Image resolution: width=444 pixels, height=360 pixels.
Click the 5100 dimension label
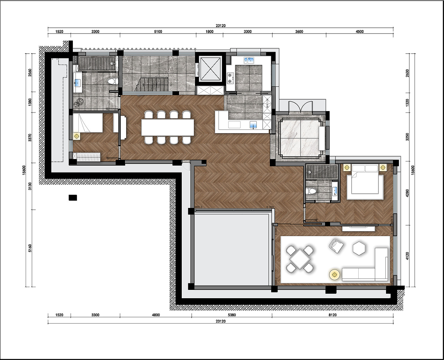[158, 32]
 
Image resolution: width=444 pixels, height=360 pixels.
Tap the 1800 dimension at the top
[210, 32]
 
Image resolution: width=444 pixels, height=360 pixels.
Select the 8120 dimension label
[332, 315]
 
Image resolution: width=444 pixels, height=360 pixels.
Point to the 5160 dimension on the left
[30, 248]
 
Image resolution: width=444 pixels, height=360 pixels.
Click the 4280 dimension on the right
[408, 193]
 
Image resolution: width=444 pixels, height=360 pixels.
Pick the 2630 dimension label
[408, 73]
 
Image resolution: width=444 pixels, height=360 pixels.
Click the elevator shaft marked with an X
[210, 69]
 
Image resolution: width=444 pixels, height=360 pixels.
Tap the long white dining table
[168, 127]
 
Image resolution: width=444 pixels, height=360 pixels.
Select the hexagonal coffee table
[359, 248]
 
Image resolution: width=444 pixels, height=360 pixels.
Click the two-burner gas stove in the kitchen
[230, 78]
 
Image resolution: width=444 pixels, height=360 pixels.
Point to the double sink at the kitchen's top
[249, 60]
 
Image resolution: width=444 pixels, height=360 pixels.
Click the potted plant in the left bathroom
[79, 102]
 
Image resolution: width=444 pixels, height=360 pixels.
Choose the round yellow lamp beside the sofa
[334, 275]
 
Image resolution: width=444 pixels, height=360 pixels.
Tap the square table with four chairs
[300, 259]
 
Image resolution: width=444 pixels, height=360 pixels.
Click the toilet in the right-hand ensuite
[311, 191]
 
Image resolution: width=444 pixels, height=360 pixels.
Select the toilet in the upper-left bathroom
[113, 81]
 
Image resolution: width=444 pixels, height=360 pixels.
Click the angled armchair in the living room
[336, 246]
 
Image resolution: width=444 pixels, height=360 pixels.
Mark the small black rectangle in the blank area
[73, 198]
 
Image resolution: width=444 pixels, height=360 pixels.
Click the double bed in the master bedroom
[365, 182]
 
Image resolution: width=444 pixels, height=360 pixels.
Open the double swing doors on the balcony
[301, 107]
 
